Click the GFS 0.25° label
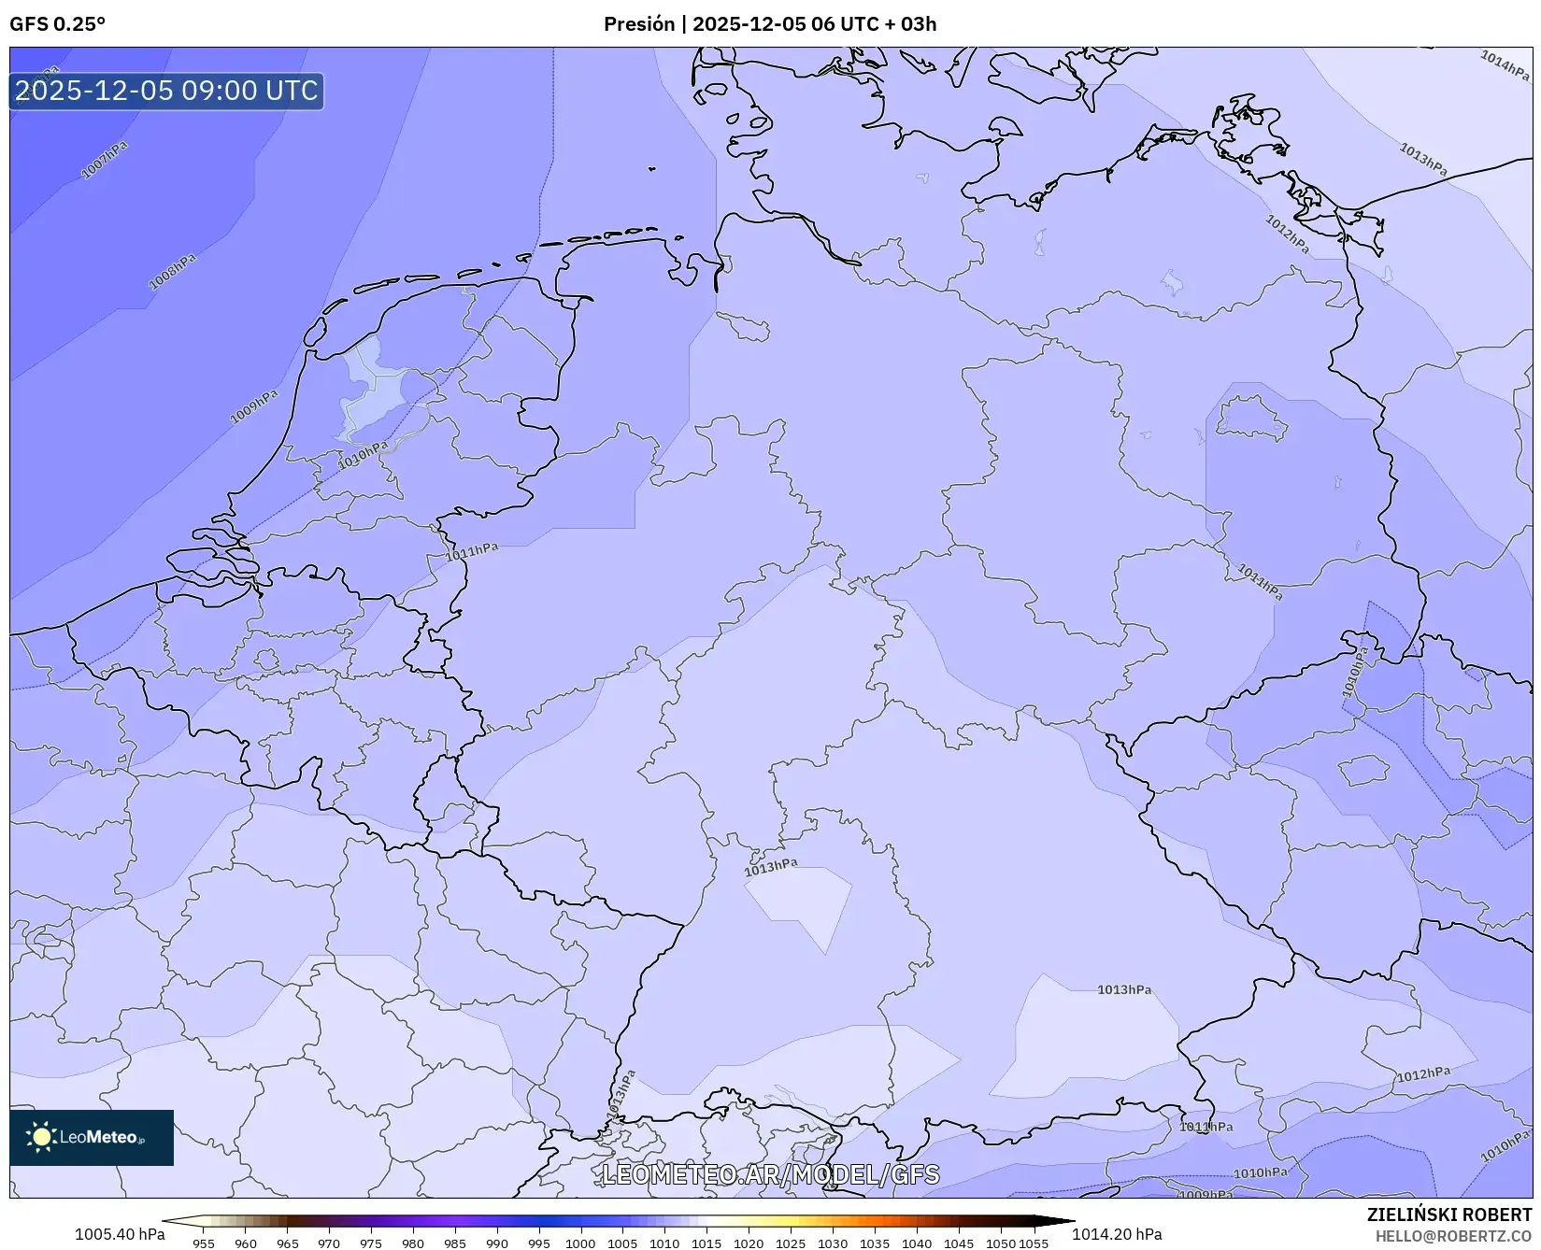pos(57,24)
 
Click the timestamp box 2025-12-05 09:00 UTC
pos(166,91)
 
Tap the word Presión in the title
pos(638,24)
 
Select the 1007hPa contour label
pos(105,160)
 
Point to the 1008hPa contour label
pos(173,271)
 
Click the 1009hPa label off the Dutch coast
pos(254,406)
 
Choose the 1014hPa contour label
pos(1504,64)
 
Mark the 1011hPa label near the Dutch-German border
pos(472,551)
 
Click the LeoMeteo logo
pos(92,1137)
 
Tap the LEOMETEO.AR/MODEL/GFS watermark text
pos(770,1174)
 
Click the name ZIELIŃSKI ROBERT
pos(1448,1215)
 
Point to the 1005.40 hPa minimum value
pos(120,1234)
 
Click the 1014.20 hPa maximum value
pos(1117,1234)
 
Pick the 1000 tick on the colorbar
pos(580,1243)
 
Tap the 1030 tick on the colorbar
pos(832,1243)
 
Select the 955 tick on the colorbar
pos(204,1243)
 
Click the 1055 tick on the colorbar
pos(1034,1243)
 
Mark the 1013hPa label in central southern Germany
pos(771,867)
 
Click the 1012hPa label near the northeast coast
pos(1288,234)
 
